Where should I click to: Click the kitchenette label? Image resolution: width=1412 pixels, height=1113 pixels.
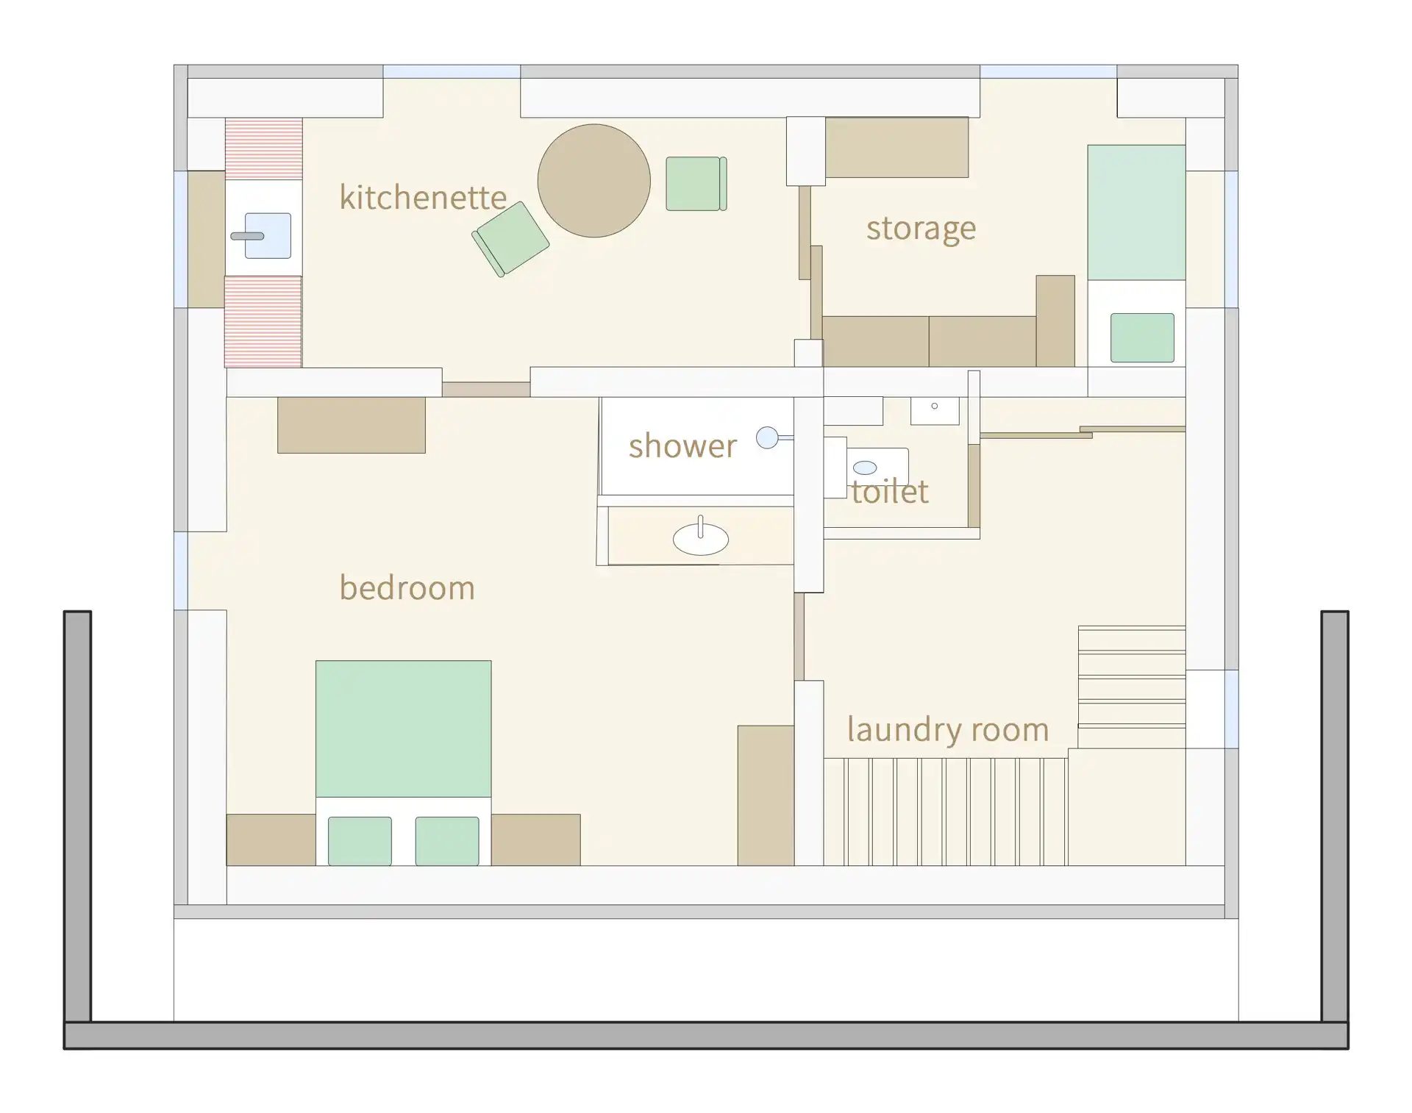click(423, 197)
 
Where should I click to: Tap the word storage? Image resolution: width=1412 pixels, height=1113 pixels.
click(921, 229)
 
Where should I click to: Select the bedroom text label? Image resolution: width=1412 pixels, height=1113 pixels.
click(407, 587)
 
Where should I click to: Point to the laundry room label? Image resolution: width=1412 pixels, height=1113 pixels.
click(948, 729)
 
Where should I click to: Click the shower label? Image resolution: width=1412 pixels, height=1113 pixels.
click(682, 445)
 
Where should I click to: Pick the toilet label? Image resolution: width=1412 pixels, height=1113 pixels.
click(890, 491)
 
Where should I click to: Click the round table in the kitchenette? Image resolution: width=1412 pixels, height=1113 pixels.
click(594, 181)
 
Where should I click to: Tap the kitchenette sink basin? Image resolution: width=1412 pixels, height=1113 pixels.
click(268, 236)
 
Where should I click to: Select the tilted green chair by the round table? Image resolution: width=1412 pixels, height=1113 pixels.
click(510, 239)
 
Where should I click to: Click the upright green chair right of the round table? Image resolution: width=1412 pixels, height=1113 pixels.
click(696, 184)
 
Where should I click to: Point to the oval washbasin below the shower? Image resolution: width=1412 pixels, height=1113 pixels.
click(701, 539)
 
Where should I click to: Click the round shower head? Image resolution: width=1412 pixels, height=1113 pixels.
click(767, 437)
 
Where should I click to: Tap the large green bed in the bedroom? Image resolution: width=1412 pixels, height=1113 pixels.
click(404, 729)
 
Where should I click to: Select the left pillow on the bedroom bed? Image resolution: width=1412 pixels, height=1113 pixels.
click(360, 841)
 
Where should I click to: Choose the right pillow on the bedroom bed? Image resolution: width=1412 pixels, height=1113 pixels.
click(447, 841)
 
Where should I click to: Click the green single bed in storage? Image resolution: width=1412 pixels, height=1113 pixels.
click(1136, 212)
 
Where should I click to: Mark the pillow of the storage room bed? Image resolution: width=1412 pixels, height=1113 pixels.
click(1142, 337)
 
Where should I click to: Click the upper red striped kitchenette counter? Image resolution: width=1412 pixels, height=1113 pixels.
click(263, 149)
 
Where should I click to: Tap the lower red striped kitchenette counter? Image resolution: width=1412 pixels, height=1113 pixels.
click(263, 321)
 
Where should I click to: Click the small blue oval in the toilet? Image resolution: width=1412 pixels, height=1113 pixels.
click(865, 468)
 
